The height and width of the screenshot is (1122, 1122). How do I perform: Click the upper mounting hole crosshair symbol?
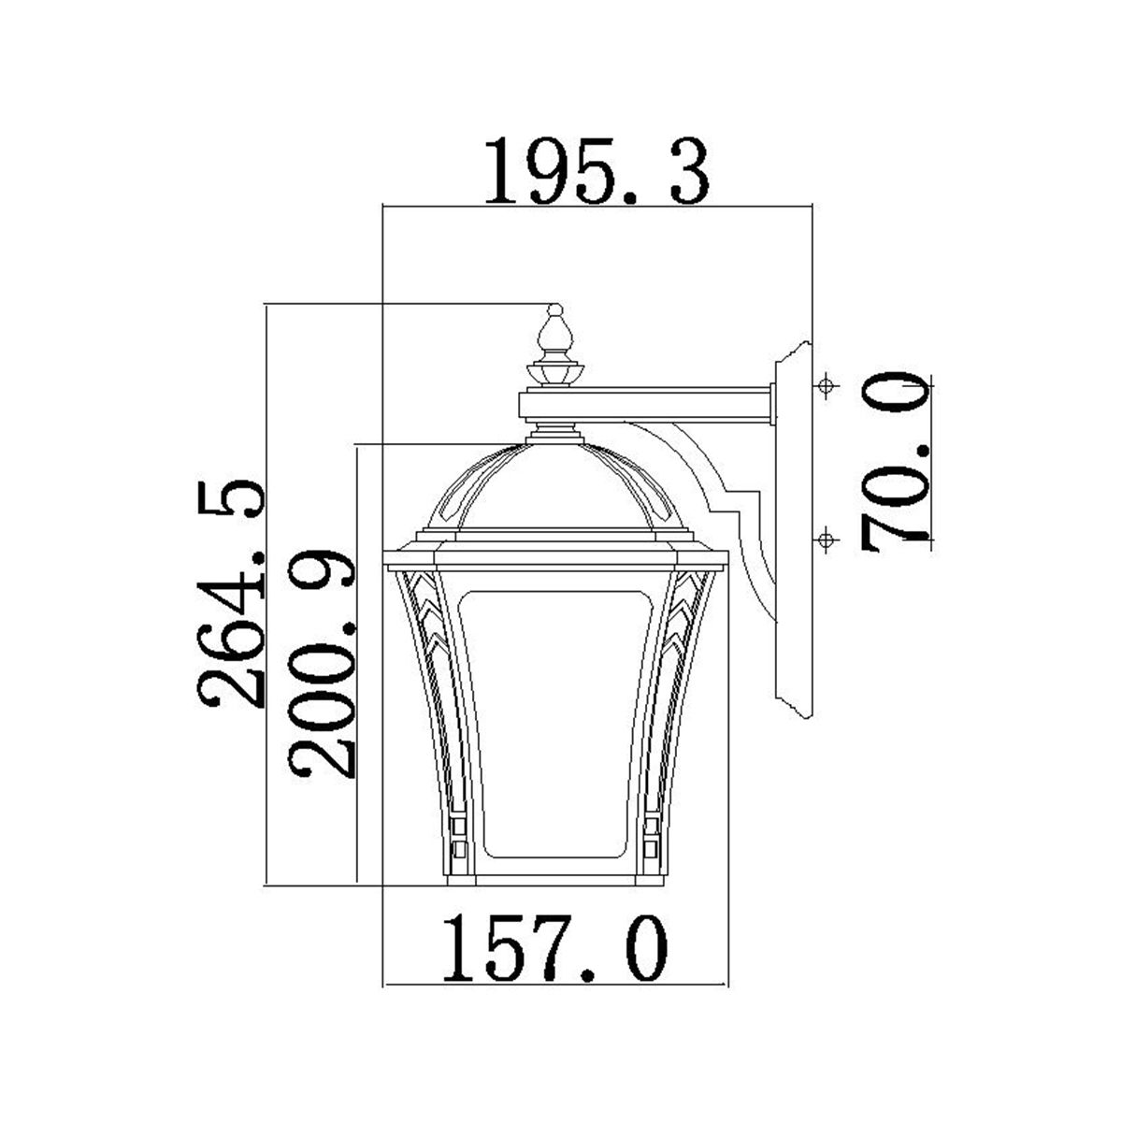[826, 385]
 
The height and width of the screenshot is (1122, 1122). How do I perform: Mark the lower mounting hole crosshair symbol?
[826, 539]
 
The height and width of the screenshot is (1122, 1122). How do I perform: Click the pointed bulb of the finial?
[554, 332]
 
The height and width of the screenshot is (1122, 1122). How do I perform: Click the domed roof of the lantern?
[554, 486]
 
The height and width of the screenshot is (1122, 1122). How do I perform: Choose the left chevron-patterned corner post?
[426, 673]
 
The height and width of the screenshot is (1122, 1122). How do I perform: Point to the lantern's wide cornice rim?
[554, 558]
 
